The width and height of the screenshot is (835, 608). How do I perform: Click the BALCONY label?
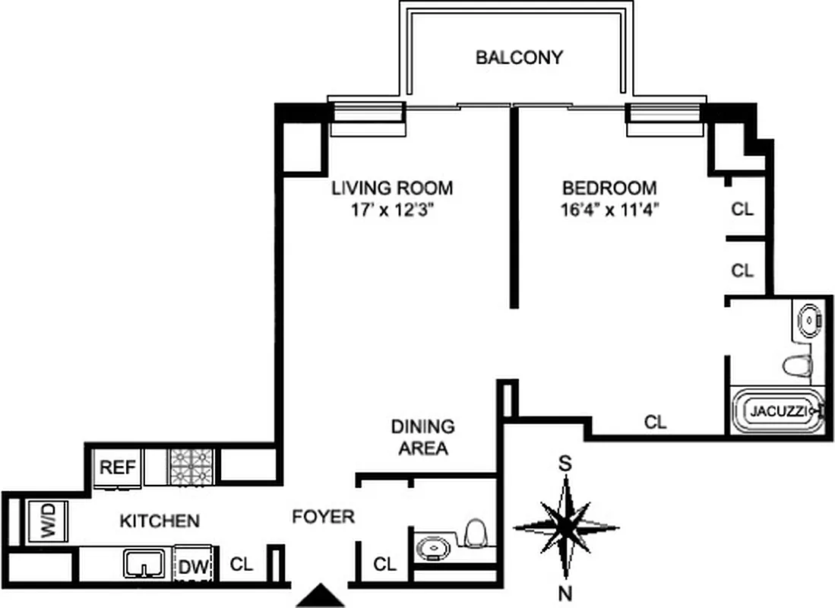pyautogui.click(x=519, y=57)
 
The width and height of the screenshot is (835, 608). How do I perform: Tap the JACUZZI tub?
pyautogui.click(x=776, y=411)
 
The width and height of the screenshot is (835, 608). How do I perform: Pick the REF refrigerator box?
pyautogui.click(x=118, y=467)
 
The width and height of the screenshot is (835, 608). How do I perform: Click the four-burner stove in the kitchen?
pyautogui.click(x=191, y=467)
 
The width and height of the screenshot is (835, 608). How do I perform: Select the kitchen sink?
pyautogui.click(x=145, y=565)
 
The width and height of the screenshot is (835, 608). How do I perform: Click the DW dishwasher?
pyautogui.click(x=194, y=566)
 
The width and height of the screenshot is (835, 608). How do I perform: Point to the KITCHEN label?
pyautogui.click(x=160, y=521)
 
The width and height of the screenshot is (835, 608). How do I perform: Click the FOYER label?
pyautogui.click(x=324, y=518)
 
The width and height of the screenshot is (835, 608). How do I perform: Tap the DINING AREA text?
pyautogui.click(x=423, y=438)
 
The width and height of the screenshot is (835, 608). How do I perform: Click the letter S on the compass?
pyautogui.click(x=565, y=463)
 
